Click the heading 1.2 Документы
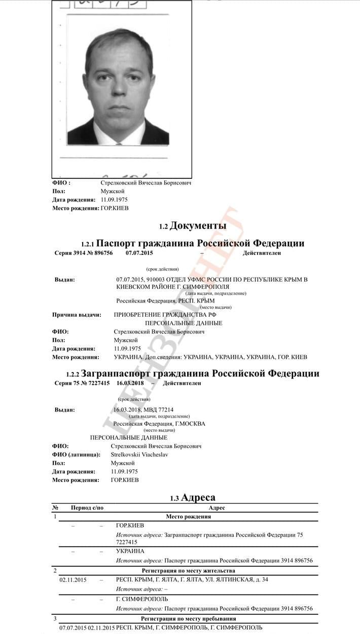[x=193, y=226]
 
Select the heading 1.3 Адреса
[x=193, y=498]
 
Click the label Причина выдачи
[x=77, y=315]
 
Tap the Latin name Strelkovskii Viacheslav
[x=139, y=455]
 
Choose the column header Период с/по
[x=87, y=508]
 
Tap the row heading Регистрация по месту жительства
[x=188, y=571]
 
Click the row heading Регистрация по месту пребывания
[x=188, y=619]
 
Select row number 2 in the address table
[x=55, y=571]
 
